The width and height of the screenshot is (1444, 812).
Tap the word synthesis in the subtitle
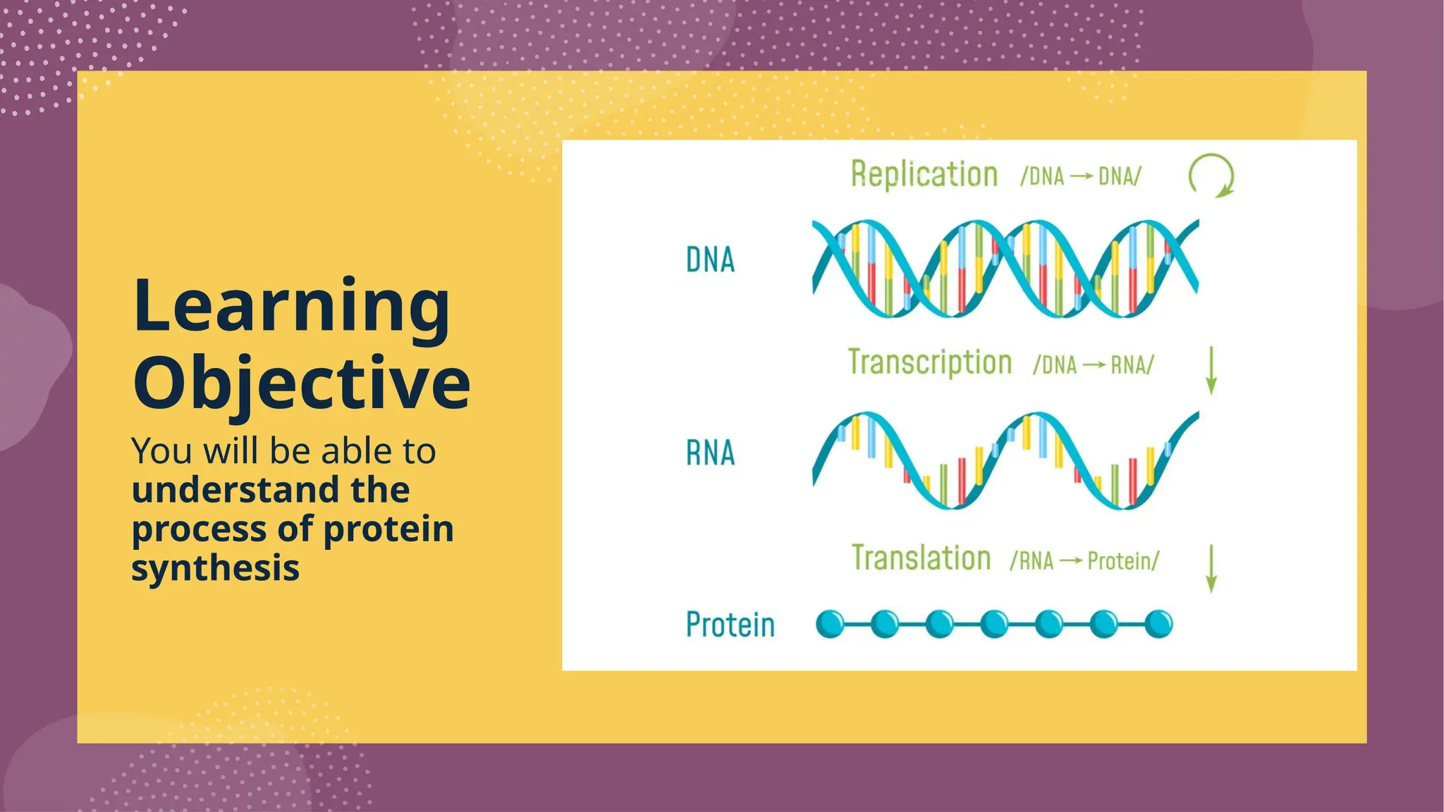[x=215, y=567]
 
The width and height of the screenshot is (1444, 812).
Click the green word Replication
[x=924, y=174]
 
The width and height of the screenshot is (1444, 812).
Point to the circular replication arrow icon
[x=1211, y=175]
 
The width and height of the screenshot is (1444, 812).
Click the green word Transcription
[x=929, y=362]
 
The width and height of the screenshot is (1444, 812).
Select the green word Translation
[x=921, y=558]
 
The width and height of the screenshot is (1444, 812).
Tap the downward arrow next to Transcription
[x=1211, y=370]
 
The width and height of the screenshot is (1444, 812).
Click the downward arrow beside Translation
[x=1211, y=568]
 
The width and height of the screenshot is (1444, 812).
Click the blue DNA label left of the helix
[x=710, y=260]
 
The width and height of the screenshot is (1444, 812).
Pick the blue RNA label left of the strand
[x=710, y=453]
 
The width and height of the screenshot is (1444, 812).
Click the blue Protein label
[x=730, y=625]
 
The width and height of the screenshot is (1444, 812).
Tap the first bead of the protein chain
[x=830, y=625]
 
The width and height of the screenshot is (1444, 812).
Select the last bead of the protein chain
[x=1158, y=625]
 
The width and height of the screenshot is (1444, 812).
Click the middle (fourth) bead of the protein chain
[x=994, y=625]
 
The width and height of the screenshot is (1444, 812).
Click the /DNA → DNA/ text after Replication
[x=1080, y=176]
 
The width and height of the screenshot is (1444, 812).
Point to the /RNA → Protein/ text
[x=1084, y=561]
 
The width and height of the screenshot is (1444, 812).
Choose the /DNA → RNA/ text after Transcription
[x=1093, y=365]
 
